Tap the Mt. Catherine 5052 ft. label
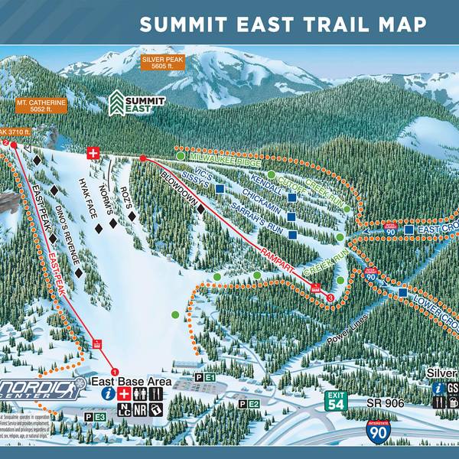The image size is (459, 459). click(x=39, y=106)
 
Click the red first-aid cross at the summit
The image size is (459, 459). click(x=94, y=153)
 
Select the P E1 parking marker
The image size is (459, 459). click(x=205, y=378)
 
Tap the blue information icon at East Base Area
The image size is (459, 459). click(x=109, y=393)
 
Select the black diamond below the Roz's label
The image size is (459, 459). click(x=132, y=216)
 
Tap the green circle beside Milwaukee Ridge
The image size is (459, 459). click(x=180, y=156)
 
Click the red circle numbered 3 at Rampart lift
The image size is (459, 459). click(x=330, y=297)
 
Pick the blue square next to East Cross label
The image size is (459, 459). click(x=409, y=229)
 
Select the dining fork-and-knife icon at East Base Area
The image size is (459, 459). click(x=157, y=393)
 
